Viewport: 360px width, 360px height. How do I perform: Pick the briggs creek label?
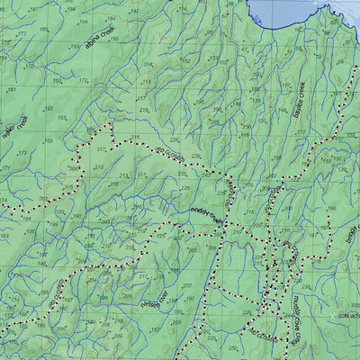[351, 234]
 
